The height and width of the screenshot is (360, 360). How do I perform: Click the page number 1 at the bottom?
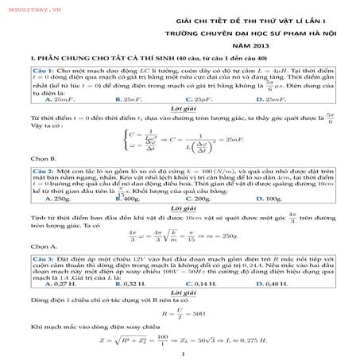(x=184, y=354)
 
